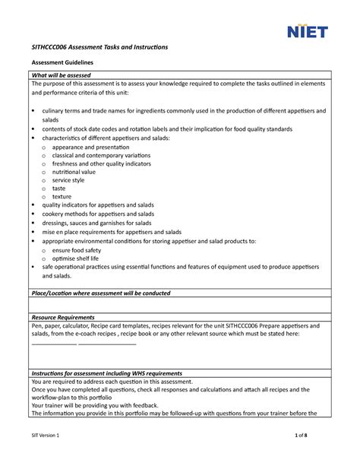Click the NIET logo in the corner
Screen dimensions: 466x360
[x=306, y=30]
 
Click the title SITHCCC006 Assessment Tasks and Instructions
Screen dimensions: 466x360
[x=99, y=47]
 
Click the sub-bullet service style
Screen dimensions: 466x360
[x=74, y=180]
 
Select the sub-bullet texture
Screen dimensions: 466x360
[x=63, y=197]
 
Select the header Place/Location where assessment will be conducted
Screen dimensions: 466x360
[x=100, y=293]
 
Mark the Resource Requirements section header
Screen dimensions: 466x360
[x=62, y=317]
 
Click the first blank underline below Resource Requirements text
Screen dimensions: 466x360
[x=53, y=344]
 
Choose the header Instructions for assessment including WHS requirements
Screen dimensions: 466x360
[x=106, y=373]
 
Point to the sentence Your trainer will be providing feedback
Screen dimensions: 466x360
[x=94, y=406]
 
